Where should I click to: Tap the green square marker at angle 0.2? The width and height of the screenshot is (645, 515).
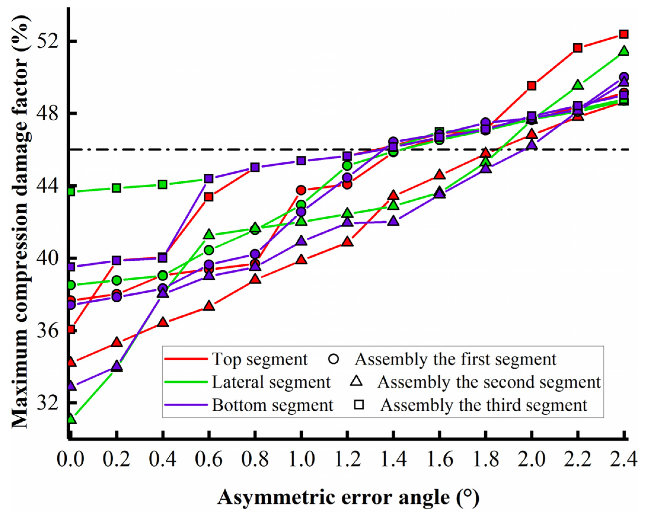pyautogui.click(x=117, y=188)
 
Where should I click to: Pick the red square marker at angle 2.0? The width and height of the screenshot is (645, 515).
pyautogui.click(x=531, y=86)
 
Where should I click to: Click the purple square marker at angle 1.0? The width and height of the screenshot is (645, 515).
pyautogui.click(x=301, y=161)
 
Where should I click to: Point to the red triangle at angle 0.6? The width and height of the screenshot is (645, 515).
pyautogui.click(x=209, y=306)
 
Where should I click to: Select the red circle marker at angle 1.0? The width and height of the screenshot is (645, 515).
pyautogui.click(x=301, y=190)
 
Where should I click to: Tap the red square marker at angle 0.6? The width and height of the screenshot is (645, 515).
pyautogui.click(x=209, y=197)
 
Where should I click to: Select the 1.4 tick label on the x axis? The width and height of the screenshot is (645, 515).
pyautogui.click(x=393, y=459)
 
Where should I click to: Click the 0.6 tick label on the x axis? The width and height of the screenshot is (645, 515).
pyautogui.click(x=209, y=459)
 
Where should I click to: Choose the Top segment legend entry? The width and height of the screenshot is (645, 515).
pyautogui.click(x=259, y=359)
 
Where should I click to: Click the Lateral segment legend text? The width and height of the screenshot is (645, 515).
pyautogui.click(x=271, y=382)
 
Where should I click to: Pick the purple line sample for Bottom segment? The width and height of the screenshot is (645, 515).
pyautogui.click(x=186, y=405)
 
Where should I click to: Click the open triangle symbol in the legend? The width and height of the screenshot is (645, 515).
pyautogui.click(x=356, y=381)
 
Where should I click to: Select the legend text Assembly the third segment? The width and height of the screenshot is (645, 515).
pyautogui.click(x=484, y=405)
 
